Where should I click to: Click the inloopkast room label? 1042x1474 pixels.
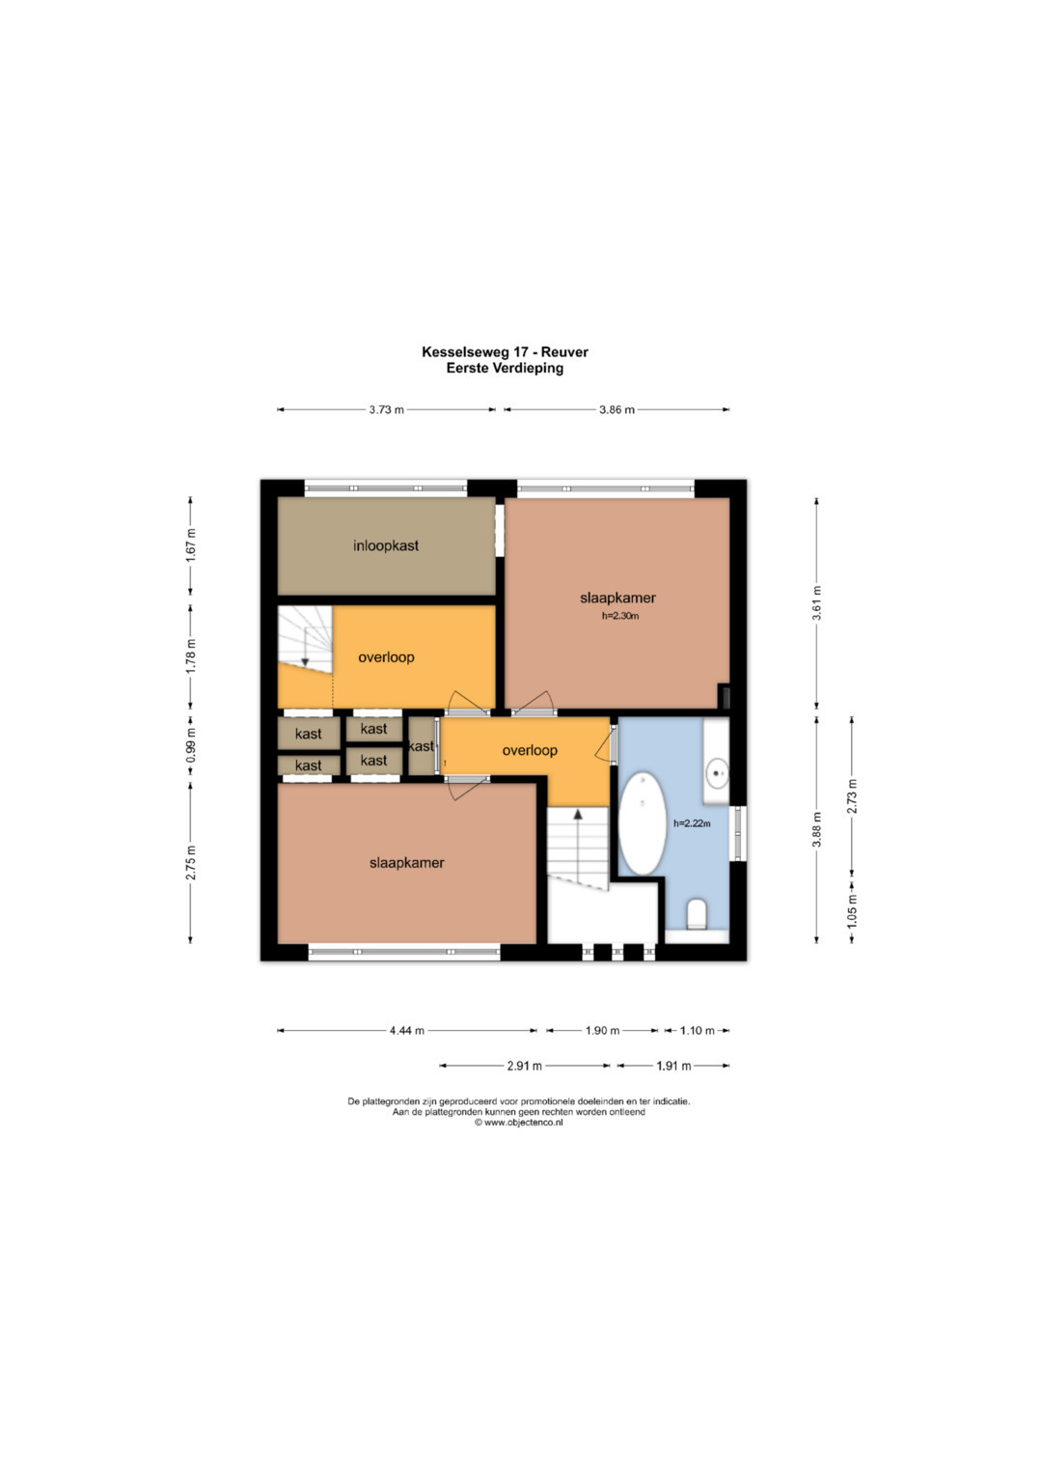point(386,545)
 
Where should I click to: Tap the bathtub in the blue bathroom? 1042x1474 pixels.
point(642,823)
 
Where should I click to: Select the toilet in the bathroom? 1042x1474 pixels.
point(696,915)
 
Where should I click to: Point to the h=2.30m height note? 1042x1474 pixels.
point(620,616)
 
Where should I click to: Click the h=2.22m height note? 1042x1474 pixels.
point(692,822)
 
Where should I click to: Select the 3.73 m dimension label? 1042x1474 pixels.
point(386,409)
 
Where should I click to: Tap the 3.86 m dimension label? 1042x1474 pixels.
point(617,409)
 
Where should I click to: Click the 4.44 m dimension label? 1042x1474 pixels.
point(406,1030)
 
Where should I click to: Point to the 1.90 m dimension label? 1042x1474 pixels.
point(602,1030)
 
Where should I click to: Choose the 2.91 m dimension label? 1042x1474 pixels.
point(524,1066)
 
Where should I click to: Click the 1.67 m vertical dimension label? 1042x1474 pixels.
point(191,544)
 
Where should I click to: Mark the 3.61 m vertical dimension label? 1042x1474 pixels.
point(816,602)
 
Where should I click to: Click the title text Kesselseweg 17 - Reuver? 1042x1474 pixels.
point(505,352)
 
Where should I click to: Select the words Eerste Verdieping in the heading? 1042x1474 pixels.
point(505,368)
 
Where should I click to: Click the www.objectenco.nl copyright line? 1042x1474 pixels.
point(518,1123)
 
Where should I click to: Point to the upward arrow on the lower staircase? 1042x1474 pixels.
point(578,848)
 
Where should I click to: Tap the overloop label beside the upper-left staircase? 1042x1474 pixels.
point(386,657)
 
